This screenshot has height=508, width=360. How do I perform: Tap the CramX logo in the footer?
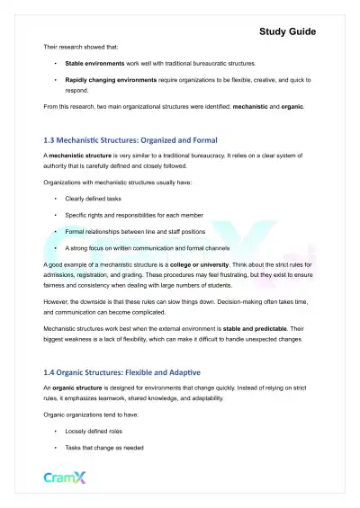67,477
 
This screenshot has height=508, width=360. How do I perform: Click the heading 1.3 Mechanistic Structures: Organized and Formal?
133,139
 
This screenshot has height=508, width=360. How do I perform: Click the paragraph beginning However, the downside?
180,308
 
